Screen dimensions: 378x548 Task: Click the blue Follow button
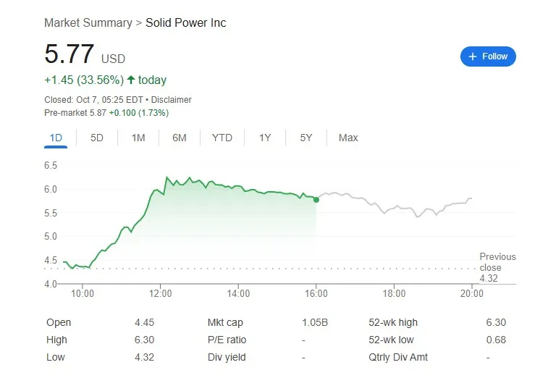488,56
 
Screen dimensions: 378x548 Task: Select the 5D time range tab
97,138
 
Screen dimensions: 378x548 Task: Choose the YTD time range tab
222,138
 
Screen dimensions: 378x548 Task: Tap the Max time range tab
348,138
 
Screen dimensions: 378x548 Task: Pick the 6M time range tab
180,138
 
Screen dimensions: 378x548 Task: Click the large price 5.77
69,55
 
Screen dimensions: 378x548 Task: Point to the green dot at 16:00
316,199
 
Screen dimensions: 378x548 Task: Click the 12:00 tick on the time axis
161,293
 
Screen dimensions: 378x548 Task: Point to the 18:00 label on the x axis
394,293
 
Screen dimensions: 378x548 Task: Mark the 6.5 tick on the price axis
51,166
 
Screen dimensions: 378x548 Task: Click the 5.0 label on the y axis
51,237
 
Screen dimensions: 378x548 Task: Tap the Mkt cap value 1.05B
314,322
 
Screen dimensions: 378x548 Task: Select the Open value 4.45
144,322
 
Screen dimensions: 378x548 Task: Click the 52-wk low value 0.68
497,340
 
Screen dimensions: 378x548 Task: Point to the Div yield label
227,357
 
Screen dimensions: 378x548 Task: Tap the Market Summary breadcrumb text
88,23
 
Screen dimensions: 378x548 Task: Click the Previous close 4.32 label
497,267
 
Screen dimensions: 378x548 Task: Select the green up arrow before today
131,80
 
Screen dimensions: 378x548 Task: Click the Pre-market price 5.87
98,113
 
